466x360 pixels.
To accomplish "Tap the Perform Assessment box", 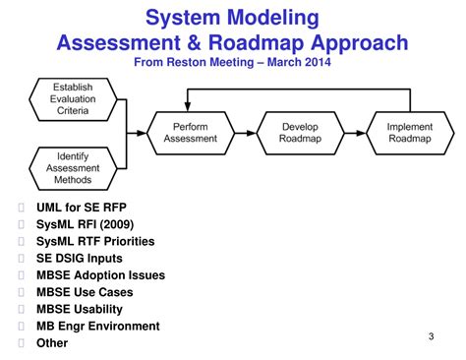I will point(190,134).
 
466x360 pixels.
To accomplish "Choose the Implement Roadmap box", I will point(408,134).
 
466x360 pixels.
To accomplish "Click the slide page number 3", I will point(431,337).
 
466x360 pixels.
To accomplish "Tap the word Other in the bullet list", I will point(52,343).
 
